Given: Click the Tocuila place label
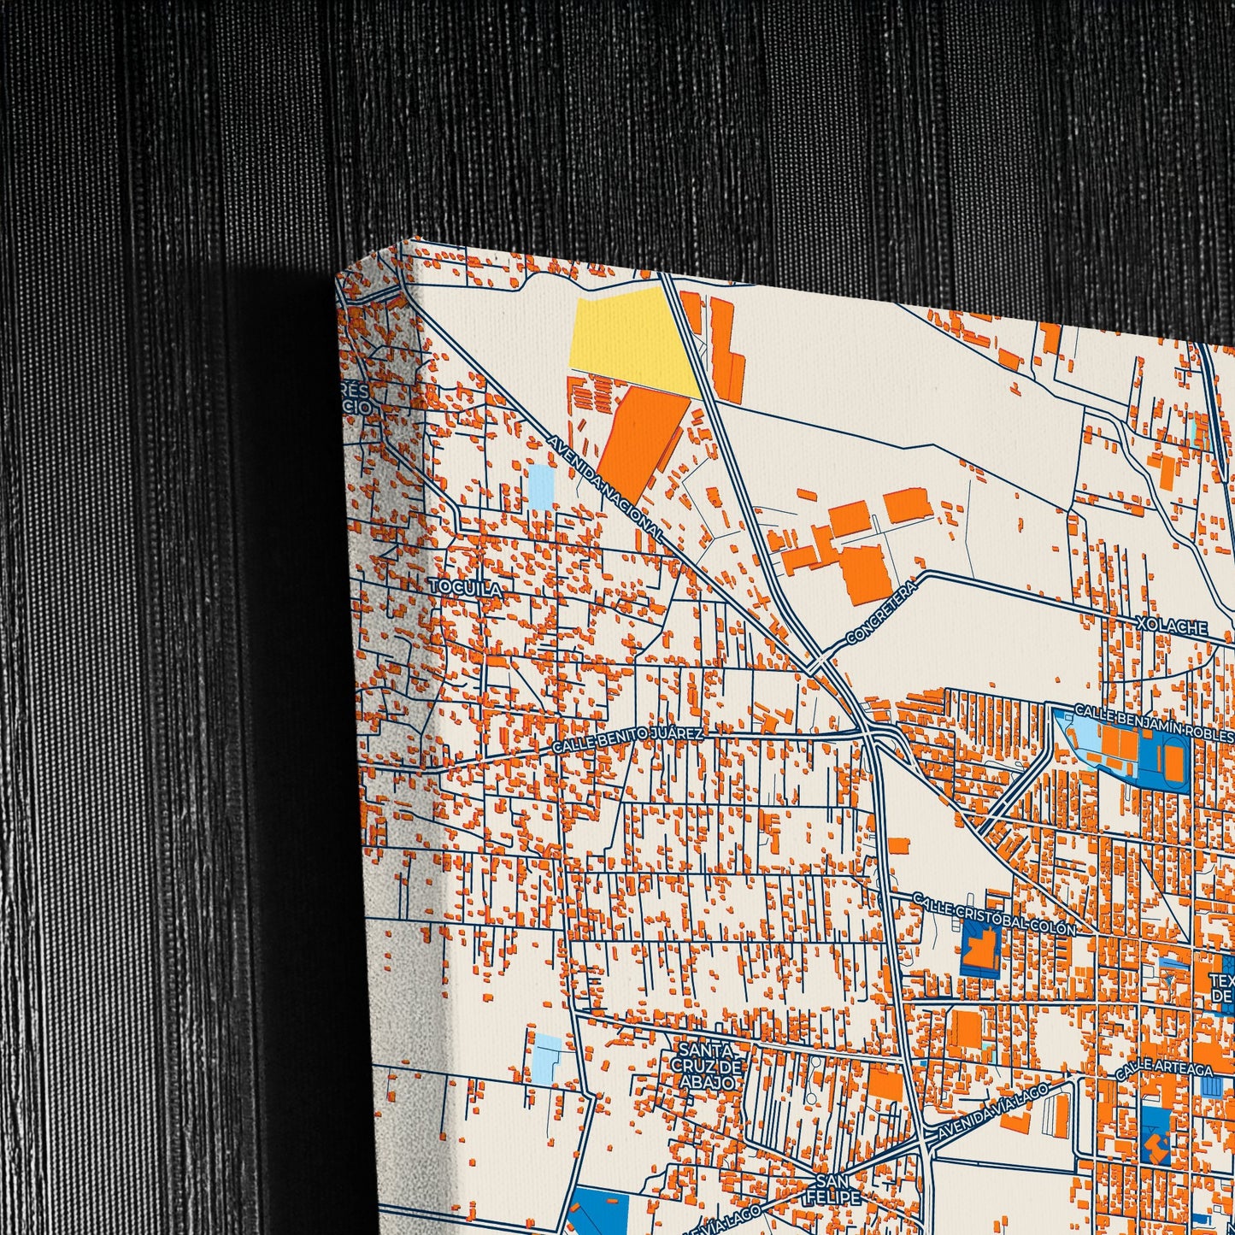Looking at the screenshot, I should coord(465,587).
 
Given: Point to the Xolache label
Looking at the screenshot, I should coord(1172,627).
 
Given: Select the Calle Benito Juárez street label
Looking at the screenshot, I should coord(628,740).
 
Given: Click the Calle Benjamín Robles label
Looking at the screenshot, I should coord(1154,722).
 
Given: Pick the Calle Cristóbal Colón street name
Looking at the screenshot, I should coord(993,914).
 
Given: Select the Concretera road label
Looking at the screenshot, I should coord(881,612).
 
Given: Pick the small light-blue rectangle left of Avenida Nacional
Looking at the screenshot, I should coord(540,487).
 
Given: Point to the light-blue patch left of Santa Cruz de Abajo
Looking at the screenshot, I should coord(547,1058).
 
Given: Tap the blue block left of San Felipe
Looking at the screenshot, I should coord(598,1212).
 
